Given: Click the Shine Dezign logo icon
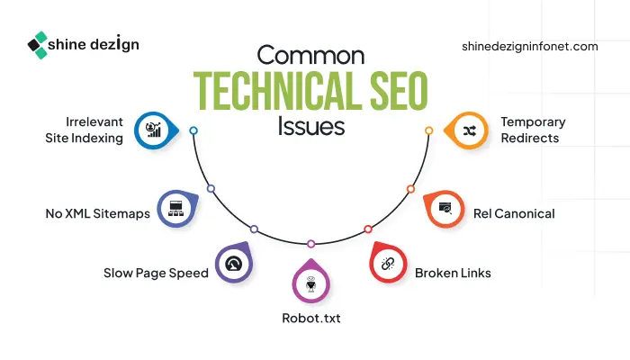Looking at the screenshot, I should point(38,44).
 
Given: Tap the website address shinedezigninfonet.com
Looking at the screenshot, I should point(529,46).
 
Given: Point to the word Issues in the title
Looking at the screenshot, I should point(311,125).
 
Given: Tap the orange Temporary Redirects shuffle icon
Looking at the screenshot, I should point(469,130).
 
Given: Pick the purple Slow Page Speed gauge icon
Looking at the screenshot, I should point(233,263).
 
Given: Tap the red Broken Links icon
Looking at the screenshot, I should point(389,264).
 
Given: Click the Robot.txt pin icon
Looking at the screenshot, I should point(310,283).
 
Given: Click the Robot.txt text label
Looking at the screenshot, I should point(311,318).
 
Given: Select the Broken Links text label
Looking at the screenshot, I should point(453,272).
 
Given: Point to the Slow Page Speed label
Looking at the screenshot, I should point(155,273).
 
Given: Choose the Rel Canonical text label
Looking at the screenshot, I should point(514,213).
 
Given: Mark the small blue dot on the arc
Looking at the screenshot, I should point(193,130).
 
